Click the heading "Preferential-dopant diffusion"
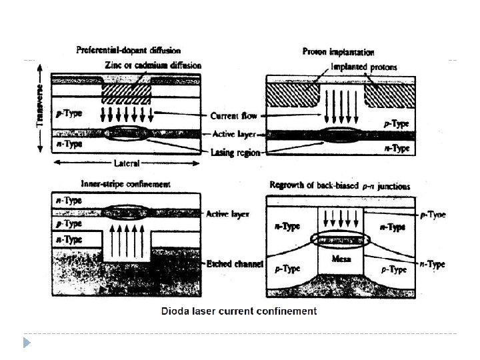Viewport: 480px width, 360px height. tap(128, 50)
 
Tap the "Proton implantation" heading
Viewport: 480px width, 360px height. tap(338, 51)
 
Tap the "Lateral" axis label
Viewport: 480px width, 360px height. tap(127, 162)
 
